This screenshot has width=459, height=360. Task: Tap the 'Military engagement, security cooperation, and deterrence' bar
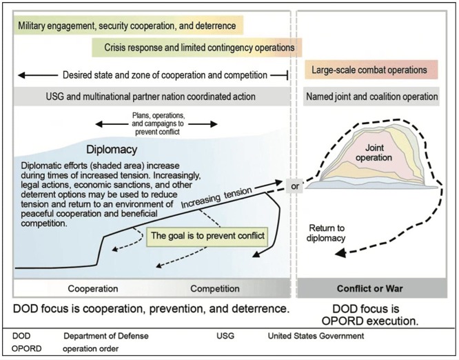click(x=127, y=26)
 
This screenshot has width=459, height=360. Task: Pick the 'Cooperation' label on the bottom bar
click(x=92, y=288)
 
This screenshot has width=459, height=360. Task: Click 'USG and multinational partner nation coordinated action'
click(x=150, y=97)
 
